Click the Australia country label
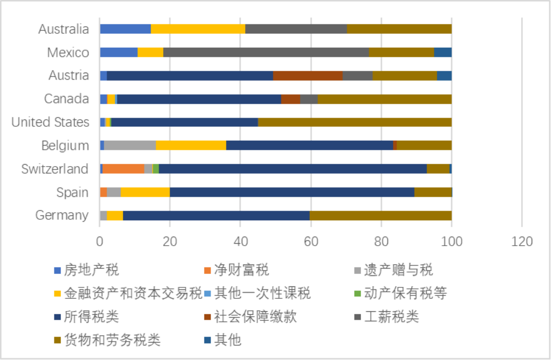pos(64,29)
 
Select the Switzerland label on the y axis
pos(55,169)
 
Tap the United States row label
pos(50,122)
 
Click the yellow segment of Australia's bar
pos(198,29)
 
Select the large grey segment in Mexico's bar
pos(266,52)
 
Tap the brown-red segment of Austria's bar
pos(308,76)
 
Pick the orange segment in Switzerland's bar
pos(123,169)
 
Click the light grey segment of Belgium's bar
pos(130,145)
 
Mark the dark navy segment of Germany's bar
pos(216,215)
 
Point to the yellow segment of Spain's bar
pos(145,192)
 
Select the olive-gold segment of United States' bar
pos(355,122)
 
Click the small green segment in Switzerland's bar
pos(156,169)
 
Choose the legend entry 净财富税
pos(242,270)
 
